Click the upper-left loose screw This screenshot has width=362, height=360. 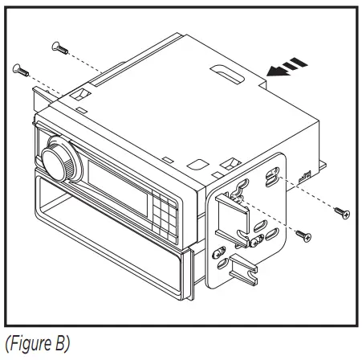coord(58,46)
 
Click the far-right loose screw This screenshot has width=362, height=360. coord(343,212)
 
